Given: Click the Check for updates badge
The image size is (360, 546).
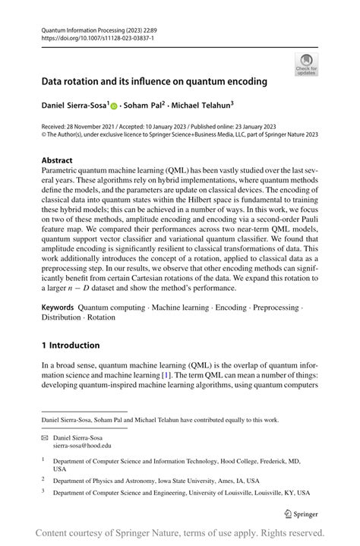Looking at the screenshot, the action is coord(306,64).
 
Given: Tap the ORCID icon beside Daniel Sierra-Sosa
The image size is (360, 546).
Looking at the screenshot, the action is coord(115,106).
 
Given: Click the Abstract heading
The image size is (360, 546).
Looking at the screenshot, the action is coord(57,160).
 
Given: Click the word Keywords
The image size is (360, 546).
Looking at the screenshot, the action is coord(58,309).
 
